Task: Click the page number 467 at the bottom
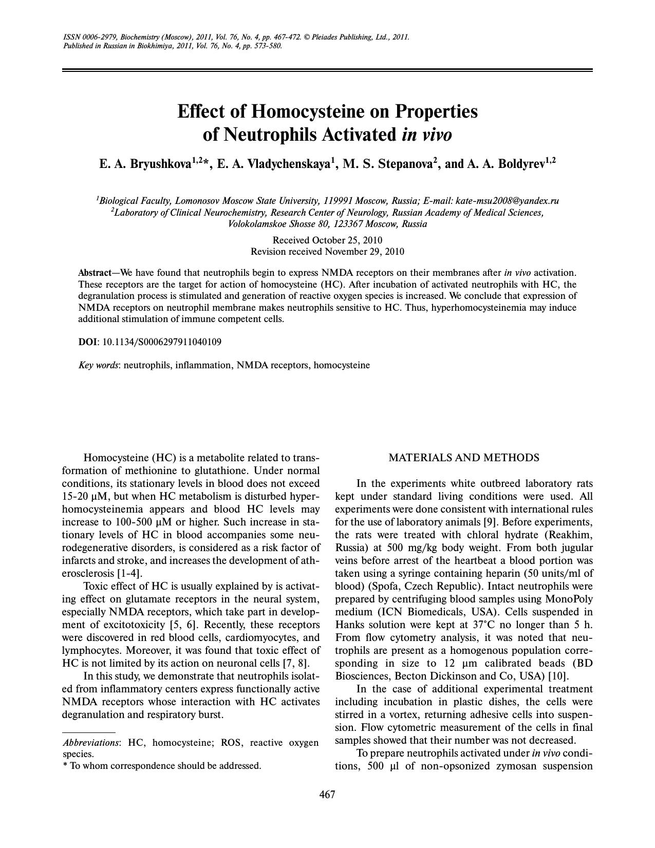click(x=327, y=795)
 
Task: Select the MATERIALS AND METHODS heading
click(x=463, y=458)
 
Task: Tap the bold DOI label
click(x=87, y=342)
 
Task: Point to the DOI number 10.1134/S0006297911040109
click(x=162, y=342)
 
